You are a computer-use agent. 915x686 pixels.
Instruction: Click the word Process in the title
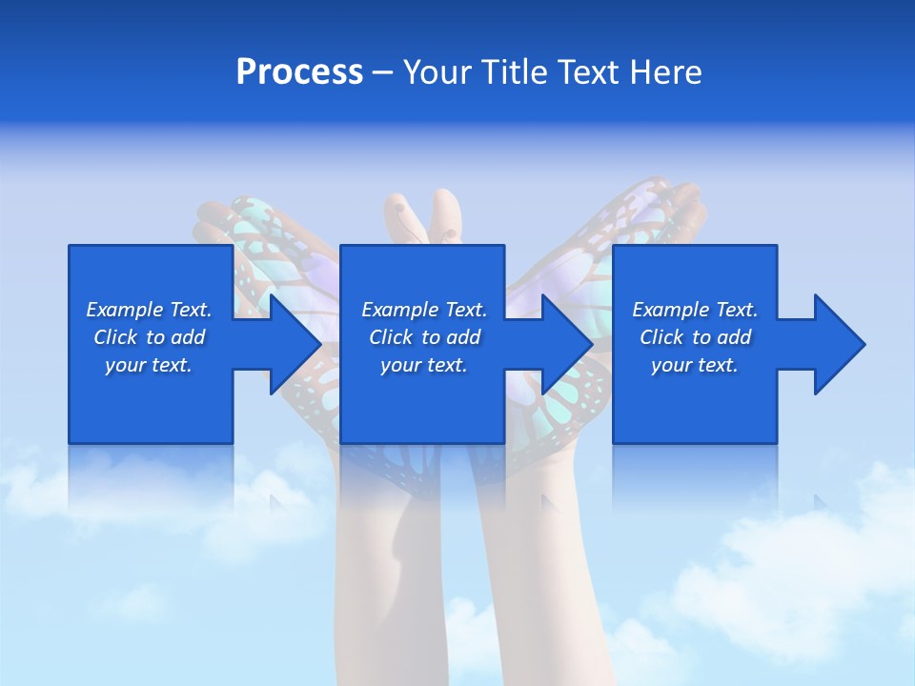tap(299, 72)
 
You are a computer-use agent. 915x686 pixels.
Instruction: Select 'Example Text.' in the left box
tap(149, 310)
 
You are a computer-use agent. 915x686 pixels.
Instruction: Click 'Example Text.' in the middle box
tap(424, 310)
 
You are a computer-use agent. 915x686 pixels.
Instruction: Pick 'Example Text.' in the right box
tap(695, 310)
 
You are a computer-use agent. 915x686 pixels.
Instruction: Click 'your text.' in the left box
tap(149, 365)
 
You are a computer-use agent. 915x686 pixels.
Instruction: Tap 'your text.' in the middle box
tap(424, 365)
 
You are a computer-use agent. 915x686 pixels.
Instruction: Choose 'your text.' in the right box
tap(695, 365)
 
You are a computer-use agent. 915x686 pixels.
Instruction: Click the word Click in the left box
tap(115, 337)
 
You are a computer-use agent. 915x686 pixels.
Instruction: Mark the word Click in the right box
tap(661, 337)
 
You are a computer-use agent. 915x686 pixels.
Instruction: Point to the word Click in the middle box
tap(391, 337)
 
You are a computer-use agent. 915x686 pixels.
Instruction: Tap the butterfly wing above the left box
tap(257, 224)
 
